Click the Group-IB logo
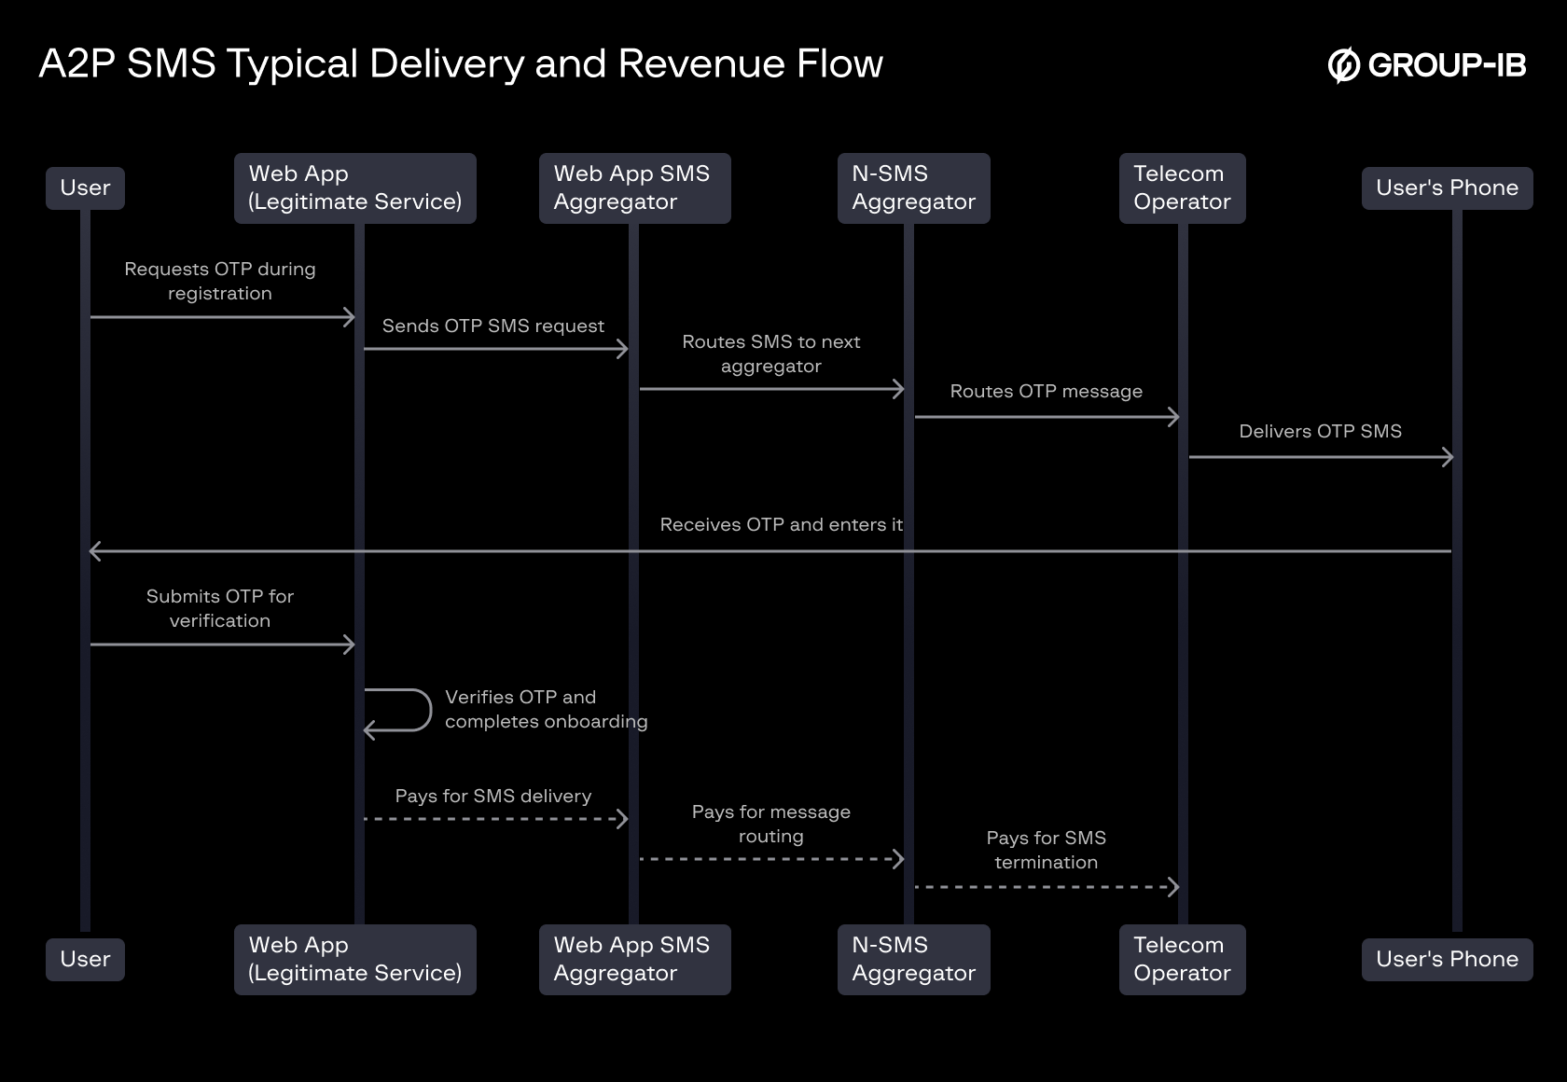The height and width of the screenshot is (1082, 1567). pyautogui.click(x=1426, y=65)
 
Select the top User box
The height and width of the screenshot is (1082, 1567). pyautogui.click(x=85, y=188)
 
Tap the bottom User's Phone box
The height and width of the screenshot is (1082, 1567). pyautogui.click(x=1447, y=959)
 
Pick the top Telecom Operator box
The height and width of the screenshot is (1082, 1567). pyautogui.click(x=1182, y=188)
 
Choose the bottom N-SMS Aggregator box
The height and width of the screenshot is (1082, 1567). pyautogui.click(x=913, y=959)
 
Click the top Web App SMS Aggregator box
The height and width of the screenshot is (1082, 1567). pyautogui.click(x=634, y=188)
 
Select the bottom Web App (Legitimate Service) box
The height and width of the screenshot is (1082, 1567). pyautogui.click(x=354, y=959)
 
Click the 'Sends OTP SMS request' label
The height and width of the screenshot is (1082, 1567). pyautogui.click(x=492, y=326)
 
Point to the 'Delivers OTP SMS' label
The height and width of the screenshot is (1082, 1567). pyautogui.click(x=1320, y=431)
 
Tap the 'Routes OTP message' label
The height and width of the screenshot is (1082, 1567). pyautogui.click(x=1046, y=391)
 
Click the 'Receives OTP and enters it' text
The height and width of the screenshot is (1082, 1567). pyautogui.click(x=781, y=524)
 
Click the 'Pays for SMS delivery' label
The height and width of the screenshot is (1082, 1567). pyautogui.click(x=492, y=796)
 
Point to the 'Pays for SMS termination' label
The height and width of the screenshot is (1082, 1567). pyautogui.click(x=1046, y=850)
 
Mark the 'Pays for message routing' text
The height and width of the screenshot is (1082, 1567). pyautogui.click(x=770, y=824)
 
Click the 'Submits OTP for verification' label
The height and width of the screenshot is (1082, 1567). pyautogui.click(x=220, y=608)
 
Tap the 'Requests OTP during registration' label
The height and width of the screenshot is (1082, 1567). pyautogui.click(x=220, y=281)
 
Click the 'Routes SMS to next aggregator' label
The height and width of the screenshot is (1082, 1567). pyautogui.click(x=770, y=354)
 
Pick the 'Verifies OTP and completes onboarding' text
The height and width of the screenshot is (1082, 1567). pyautogui.click(x=546, y=709)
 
